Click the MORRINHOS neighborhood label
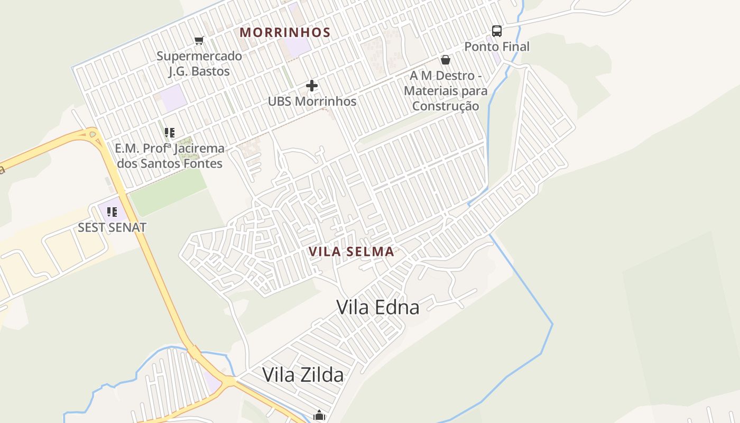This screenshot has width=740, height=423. [285, 32]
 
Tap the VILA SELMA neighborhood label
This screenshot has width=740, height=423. [352, 252]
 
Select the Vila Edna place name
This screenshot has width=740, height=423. [378, 307]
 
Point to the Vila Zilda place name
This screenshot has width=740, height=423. [303, 374]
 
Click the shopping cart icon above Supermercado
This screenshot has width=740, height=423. [199, 41]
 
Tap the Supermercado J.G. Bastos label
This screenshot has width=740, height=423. [199, 63]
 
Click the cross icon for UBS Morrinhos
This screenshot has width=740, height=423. [312, 85]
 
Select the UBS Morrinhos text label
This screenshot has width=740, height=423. [312, 101]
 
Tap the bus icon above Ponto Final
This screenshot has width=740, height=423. [497, 31]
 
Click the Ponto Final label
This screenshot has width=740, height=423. [497, 47]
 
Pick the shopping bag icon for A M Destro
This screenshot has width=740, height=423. [446, 60]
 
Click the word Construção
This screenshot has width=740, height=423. [446, 106]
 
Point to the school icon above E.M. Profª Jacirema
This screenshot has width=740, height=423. [170, 133]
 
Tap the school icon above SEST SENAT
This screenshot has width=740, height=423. [112, 212]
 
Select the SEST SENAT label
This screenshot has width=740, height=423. [112, 227]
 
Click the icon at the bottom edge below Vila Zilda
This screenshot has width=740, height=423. [319, 416]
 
